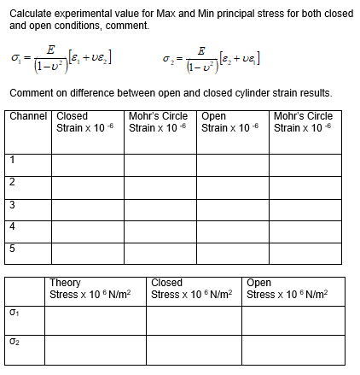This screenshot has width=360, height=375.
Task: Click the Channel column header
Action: (x=28, y=116)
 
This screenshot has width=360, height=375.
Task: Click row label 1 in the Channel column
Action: (x=12, y=159)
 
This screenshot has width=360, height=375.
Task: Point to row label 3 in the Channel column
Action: (x=12, y=203)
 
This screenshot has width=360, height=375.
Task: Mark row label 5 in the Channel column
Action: (x=12, y=249)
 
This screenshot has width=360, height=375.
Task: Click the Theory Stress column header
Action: (x=90, y=289)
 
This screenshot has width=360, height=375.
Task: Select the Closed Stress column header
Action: (x=183, y=289)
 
